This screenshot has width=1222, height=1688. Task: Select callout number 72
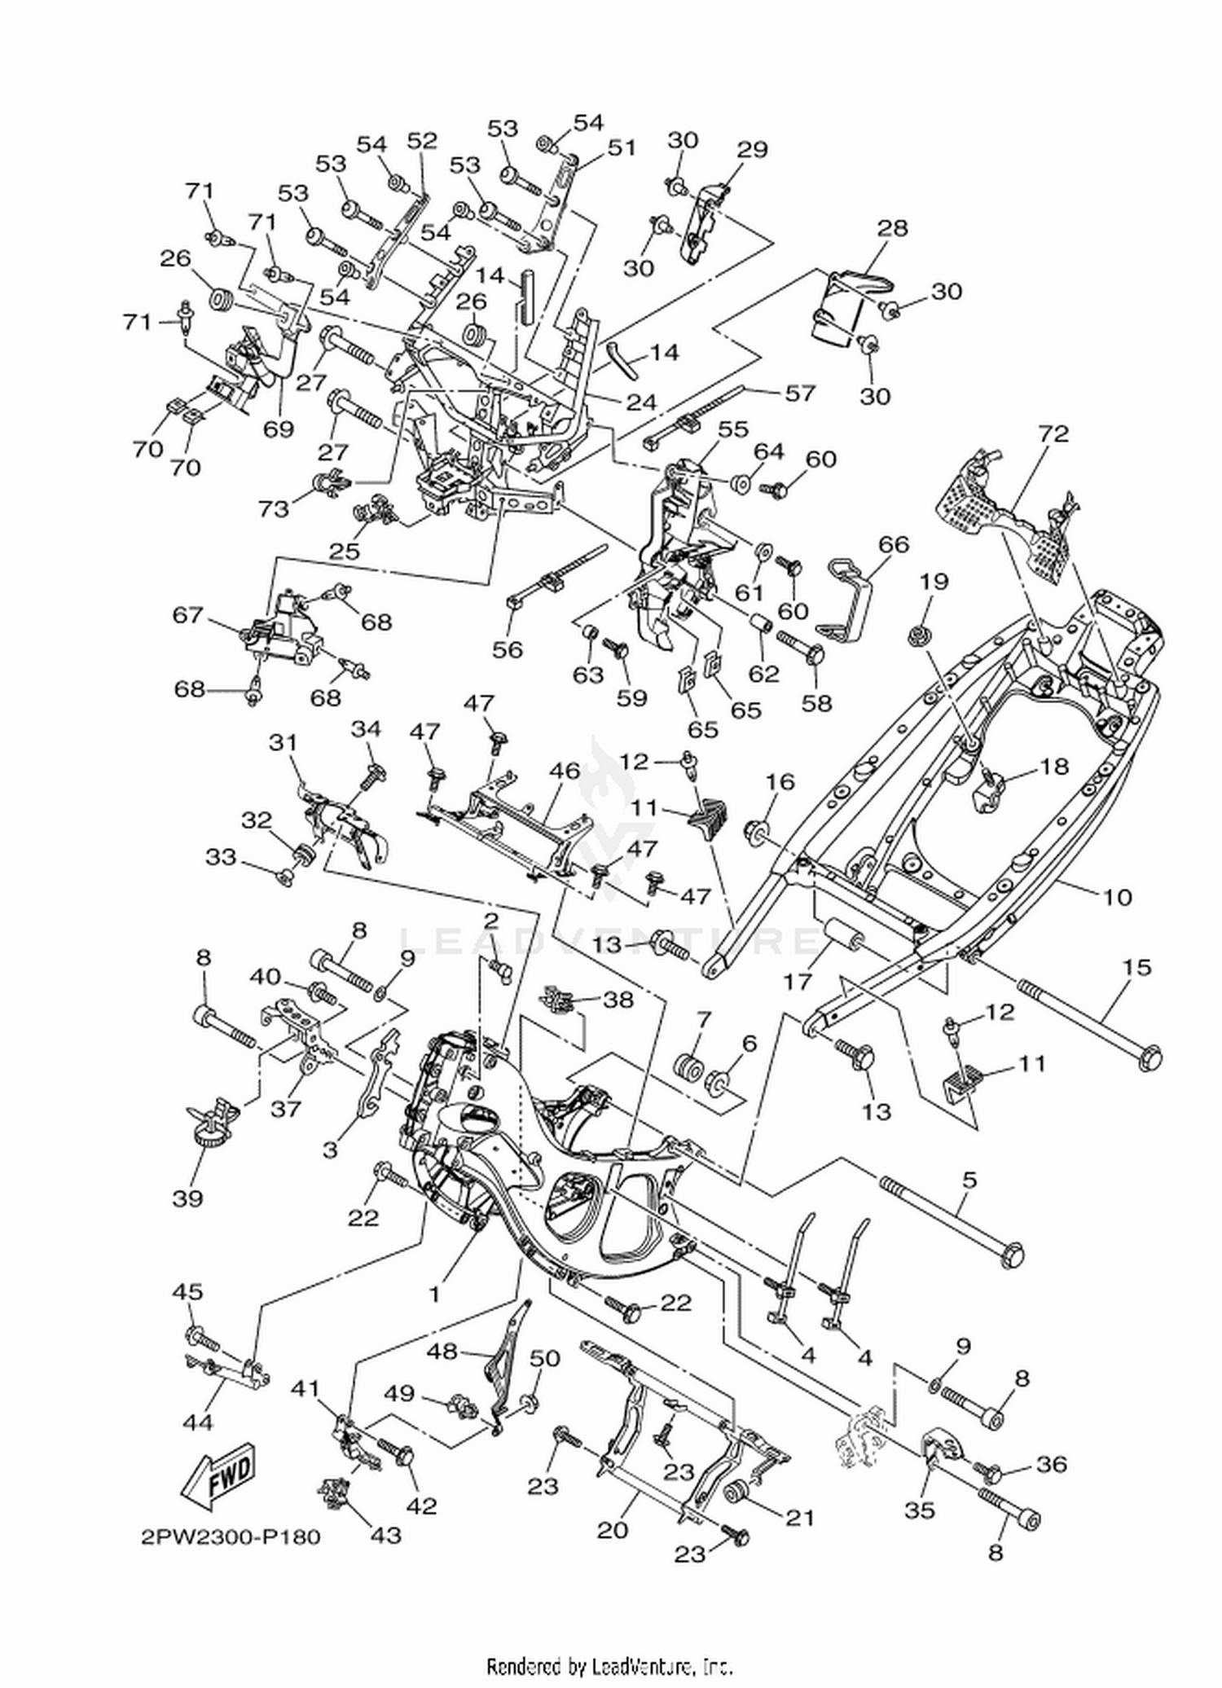point(1053,433)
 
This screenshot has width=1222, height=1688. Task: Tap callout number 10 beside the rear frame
point(1118,897)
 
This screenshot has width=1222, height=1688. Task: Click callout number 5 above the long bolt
point(969,1179)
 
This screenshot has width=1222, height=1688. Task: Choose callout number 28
point(892,227)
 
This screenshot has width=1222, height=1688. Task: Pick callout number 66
point(893,544)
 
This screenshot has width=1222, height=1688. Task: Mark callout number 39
point(187,1198)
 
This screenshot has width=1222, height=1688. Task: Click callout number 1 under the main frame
point(435,1293)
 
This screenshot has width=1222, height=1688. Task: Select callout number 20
point(613,1529)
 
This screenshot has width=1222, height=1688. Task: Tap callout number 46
point(565,770)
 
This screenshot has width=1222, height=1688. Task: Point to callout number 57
point(799,393)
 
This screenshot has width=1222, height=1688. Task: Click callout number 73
point(274,508)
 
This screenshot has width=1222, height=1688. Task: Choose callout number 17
point(797,982)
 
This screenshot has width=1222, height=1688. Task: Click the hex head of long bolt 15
point(1149,1059)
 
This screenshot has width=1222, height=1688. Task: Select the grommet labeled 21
point(738,1491)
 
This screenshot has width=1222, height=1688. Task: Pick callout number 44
point(198,1422)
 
